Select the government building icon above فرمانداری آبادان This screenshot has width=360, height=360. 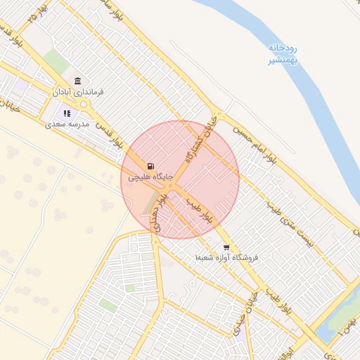[77, 80]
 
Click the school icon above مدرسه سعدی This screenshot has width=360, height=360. [67, 112]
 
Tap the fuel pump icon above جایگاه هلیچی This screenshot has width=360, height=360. [150, 166]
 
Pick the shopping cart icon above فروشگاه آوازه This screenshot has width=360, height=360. [226, 247]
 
